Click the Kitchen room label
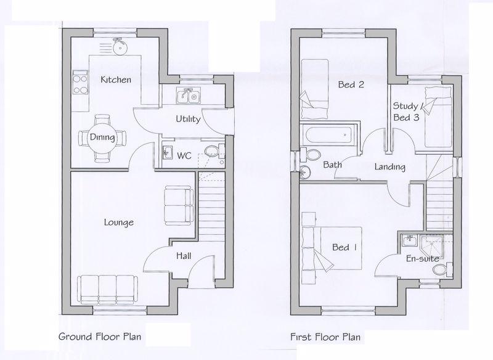point(116,80)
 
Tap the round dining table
point(102,137)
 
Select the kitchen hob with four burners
point(80,83)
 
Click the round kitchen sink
point(119,48)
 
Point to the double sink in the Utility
point(189,96)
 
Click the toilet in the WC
point(214,152)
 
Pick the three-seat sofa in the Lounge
point(107,290)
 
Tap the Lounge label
point(118,223)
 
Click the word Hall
point(184,256)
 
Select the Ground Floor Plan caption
point(100,337)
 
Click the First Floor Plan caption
point(325,337)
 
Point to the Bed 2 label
point(351,84)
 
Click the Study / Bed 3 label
point(406,112)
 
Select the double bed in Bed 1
point(332,248)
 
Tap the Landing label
point(389,166)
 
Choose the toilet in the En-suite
point(442,269)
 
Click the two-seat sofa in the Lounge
point(179,206)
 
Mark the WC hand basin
point(167,153)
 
